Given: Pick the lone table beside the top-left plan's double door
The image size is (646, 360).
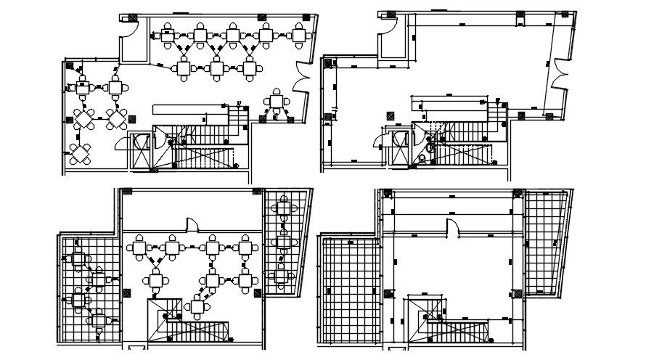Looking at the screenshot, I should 277,102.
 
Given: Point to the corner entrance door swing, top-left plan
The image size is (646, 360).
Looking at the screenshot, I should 128,28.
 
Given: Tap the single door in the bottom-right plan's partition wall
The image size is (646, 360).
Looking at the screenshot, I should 451,227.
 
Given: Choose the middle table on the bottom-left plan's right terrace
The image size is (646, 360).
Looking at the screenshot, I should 283,242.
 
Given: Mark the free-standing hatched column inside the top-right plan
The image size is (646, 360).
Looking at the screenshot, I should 391,115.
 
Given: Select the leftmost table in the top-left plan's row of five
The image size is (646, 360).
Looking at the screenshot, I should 167,33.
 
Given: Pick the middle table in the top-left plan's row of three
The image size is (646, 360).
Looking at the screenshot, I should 216,68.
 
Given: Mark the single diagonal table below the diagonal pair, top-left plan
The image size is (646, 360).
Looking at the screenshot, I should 79,152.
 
